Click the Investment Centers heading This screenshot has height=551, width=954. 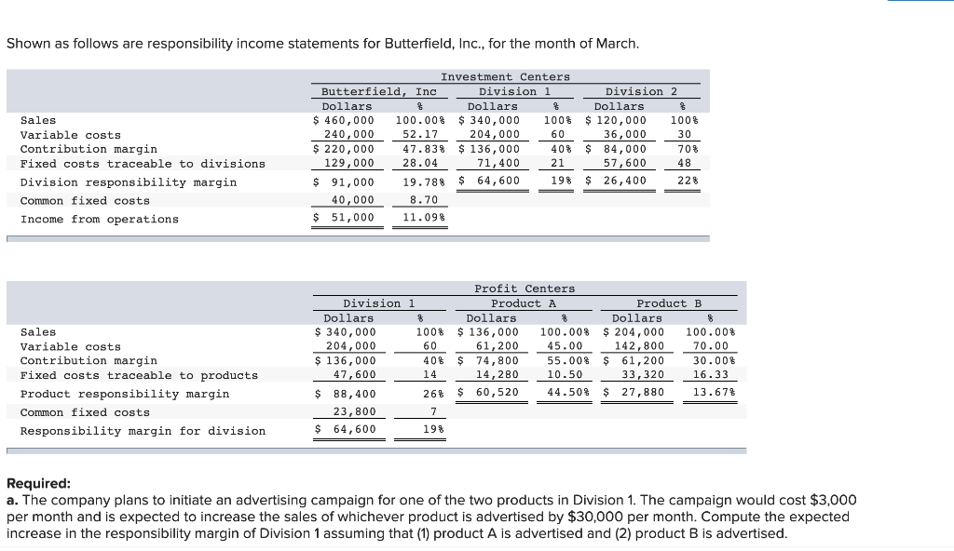pos(505,76)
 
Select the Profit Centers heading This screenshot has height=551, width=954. pos(525,289)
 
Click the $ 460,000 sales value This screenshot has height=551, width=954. pos(343,120)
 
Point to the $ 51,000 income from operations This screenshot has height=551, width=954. pos(343,219)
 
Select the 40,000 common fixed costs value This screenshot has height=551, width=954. pos(353,200)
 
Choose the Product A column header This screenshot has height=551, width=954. pos(524,303)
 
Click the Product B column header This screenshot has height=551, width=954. pos(669,303)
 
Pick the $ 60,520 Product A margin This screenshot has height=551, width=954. pos(490,393)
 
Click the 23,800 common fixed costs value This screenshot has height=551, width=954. pos(354,412)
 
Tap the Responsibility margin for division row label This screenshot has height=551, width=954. pos(143,431)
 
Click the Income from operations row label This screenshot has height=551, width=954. pos(99,219)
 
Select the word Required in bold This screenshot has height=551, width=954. pos(38,484)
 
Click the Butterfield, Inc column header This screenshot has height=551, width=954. pos(378,91)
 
